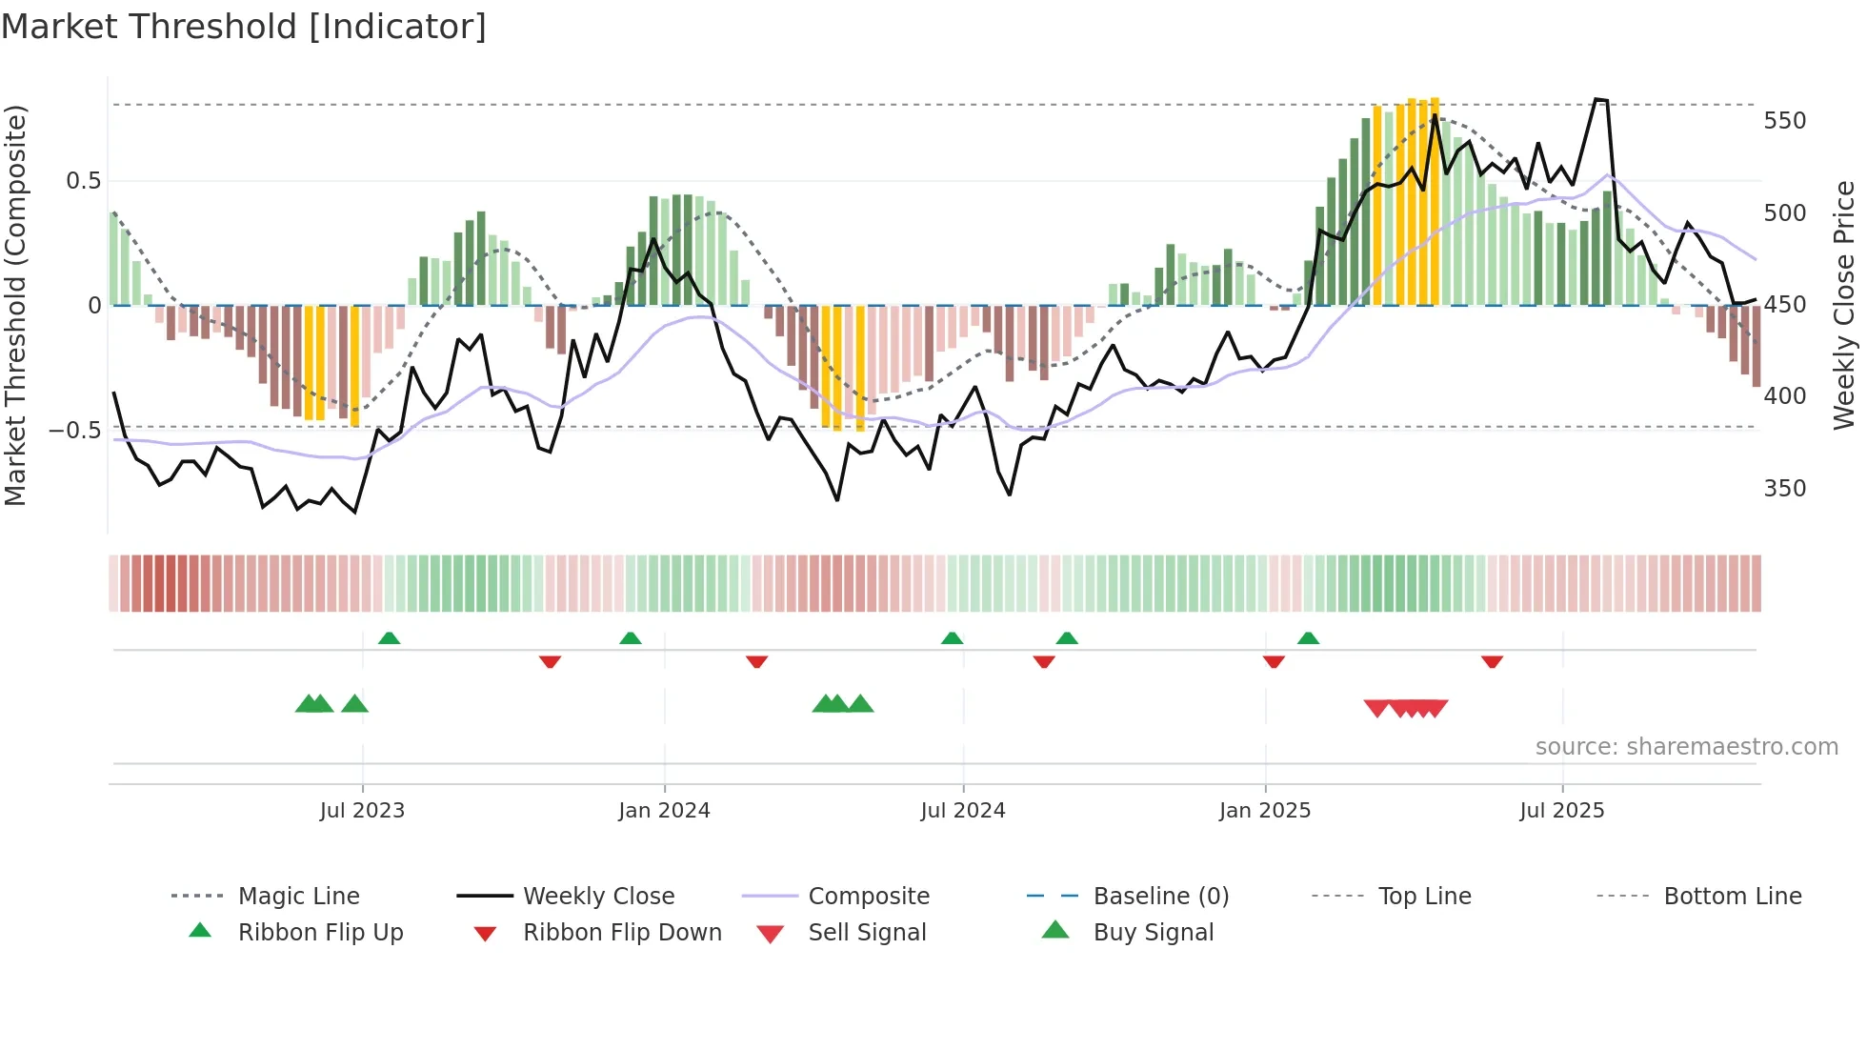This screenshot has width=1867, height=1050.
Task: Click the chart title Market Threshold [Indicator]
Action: point(244,27)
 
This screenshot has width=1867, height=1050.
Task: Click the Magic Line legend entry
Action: point(298,897)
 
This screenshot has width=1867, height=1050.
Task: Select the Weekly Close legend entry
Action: point(598,897)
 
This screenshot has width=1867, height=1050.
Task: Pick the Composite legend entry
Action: point(868,897)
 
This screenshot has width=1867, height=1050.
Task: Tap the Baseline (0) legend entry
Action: point(1160,897)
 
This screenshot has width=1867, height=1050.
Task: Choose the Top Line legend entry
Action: point(1424,897)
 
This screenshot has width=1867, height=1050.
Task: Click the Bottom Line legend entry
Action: point(1732,897)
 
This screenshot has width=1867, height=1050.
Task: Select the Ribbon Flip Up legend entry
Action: point(320,933)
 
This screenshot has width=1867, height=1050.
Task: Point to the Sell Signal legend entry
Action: point(867,933)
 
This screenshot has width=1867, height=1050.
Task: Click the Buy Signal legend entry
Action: point(1153,933)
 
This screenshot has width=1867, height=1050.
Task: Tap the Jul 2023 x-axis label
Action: point(362,811)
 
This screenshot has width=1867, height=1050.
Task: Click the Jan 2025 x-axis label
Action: point(1265,811)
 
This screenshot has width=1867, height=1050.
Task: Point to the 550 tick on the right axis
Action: point(1784,121)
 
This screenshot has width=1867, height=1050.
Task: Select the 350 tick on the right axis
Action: point(1784,489)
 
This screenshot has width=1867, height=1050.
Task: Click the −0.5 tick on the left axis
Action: point(74,431)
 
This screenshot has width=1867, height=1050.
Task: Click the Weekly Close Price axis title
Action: point(1844,305)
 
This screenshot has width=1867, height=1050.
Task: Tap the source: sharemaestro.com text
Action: point(1686,747)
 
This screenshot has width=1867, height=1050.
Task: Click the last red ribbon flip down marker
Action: point(1492,661)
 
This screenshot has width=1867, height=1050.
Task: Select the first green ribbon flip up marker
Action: point(389,638)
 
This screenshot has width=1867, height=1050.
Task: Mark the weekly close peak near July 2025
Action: point(1600,99)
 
